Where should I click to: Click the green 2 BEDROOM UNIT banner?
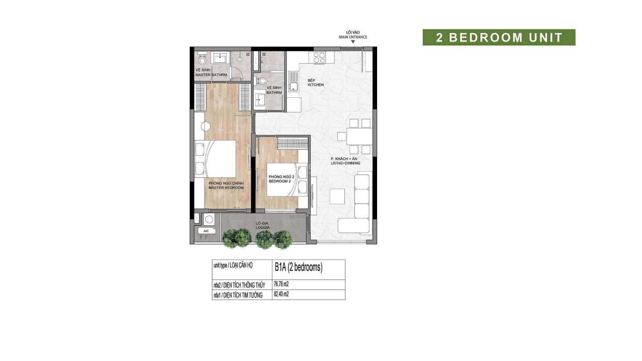(499, 37)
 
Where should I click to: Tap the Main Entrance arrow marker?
(353, 42)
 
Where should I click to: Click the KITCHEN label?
(315, 85)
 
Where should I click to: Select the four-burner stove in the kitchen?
(319, 58)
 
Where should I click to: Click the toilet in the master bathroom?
(202, 59)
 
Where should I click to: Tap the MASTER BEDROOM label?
(226, 188)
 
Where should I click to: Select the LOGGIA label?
(263, 228)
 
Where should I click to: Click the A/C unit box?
(207, 231)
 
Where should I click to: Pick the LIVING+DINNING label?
(345, 163)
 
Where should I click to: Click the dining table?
(360, 136)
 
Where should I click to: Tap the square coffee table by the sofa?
(337, 196)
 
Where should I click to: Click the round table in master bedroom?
(205, 126)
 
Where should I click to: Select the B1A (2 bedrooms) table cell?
(309, 270)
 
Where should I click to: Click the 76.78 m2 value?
(281, 284)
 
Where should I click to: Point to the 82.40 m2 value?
(281, 294)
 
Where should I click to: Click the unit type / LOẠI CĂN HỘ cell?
(242, 270)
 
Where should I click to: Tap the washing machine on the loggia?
(209, 219)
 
